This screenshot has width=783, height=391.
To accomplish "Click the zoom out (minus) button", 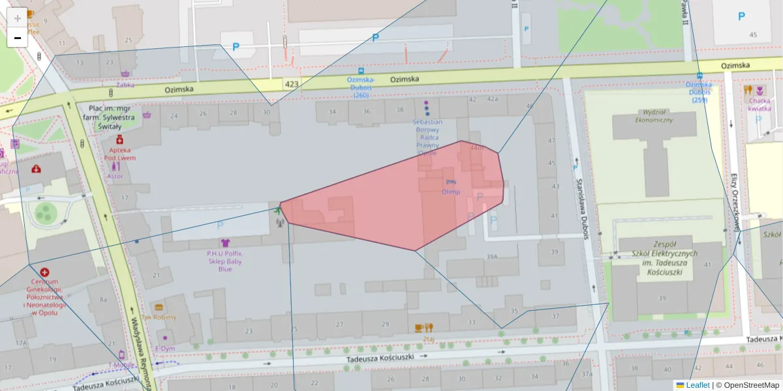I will click(x=17, y=38).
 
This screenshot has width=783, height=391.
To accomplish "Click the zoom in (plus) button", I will click(x=17, y=18).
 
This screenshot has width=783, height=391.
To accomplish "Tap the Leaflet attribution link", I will click(x=697, y=385).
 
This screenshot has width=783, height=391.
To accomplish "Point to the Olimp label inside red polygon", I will click(x=450, y=192).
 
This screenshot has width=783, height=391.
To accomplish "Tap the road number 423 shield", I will click(x=292, y=84).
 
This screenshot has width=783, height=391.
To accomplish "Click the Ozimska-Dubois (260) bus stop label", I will click(x=361, y=87).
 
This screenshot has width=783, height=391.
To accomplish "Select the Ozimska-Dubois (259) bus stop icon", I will click(x=699, y=76).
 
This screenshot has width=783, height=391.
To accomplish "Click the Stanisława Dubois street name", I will click(x=585, y=199).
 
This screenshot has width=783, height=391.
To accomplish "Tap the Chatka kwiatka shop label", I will click(x=760, y=104).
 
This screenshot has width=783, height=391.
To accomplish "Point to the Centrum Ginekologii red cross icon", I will click(x=44, y=272).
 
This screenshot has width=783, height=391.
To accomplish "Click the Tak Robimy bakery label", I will click(x=159, y=317).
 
